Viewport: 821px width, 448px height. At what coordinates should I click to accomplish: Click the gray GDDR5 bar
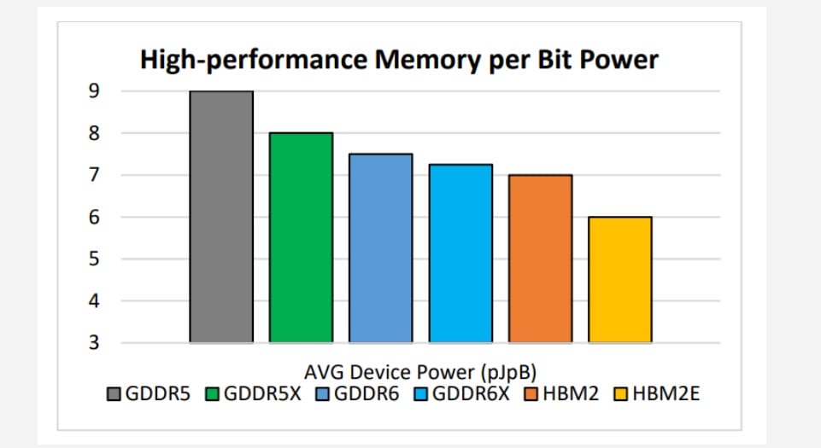220,217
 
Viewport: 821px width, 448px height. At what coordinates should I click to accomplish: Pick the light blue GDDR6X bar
460,253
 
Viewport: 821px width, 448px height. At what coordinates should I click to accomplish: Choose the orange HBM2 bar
540,259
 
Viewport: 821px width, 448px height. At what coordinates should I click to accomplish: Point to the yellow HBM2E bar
620,279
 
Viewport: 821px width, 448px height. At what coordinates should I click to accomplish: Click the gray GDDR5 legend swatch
116,394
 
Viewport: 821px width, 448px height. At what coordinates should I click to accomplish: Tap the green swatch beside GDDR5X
214,394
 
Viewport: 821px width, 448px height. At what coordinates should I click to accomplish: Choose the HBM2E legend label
664,394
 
